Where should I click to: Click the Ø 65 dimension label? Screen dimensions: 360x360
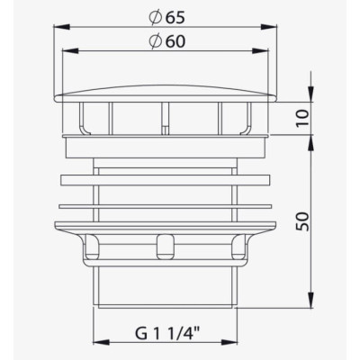(x=166, y=18)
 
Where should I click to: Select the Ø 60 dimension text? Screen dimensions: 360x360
(x=166, y=41)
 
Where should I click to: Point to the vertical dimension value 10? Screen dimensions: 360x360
(x=303, y=119)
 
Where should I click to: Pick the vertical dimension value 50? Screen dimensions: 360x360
(x=302, y=221)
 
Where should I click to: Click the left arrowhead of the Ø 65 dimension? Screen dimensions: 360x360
(x=61, y=27)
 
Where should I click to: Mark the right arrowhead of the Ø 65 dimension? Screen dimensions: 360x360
(x=268, y=27)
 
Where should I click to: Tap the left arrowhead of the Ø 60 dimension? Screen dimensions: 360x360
(x=69, y=51)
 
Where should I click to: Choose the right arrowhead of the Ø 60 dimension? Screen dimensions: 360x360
(x=260, y=51)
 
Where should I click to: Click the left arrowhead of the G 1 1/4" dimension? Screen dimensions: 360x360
(x=102, y=342)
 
